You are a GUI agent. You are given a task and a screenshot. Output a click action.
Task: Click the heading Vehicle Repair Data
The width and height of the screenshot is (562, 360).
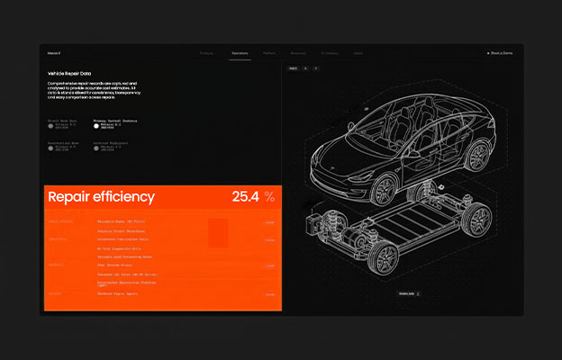(x=69, y=73)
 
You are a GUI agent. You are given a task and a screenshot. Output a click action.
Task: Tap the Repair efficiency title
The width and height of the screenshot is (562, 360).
(x=101, y=197)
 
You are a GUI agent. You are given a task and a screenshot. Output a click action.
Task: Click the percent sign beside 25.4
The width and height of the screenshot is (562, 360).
(x=269, y=196)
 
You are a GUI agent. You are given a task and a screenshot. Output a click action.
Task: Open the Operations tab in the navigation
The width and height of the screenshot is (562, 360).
(x=240, y=53)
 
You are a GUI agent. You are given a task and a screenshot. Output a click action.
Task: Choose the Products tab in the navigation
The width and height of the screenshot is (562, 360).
(x=206, y=53)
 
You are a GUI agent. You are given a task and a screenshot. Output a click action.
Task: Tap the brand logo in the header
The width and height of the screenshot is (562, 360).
(x=54, y=53)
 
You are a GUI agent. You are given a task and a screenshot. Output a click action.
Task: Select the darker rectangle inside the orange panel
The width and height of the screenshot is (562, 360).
(x=218, y=233)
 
